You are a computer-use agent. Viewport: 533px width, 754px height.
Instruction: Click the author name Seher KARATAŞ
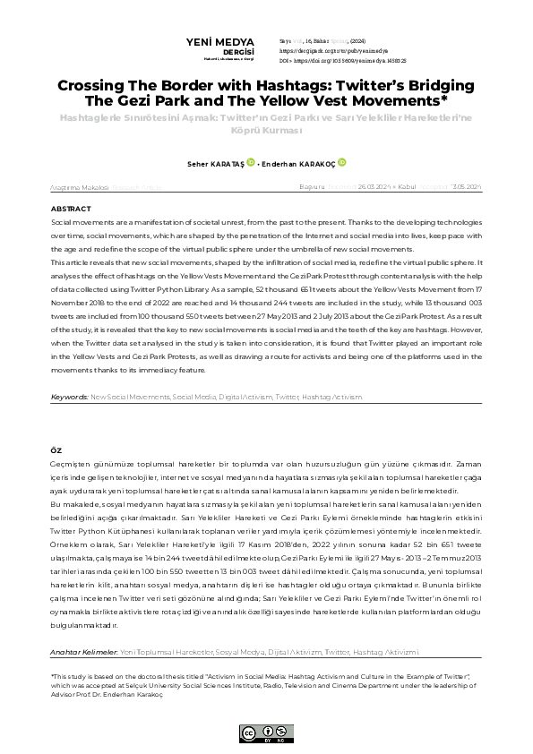pyautogui.click(x=207, y=164)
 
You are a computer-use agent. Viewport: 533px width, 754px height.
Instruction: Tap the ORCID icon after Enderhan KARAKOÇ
pyautogui.click(x=341, y=163)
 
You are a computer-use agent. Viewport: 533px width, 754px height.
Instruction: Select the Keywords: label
pyautogui.click(x=69, y=421)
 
